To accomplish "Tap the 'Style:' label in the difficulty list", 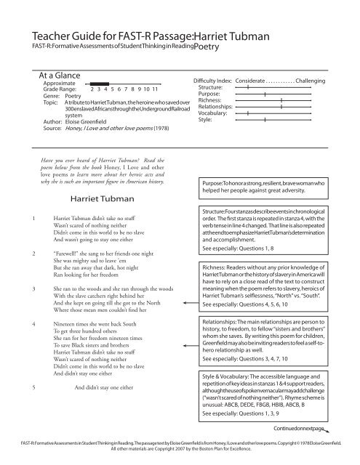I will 205,121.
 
